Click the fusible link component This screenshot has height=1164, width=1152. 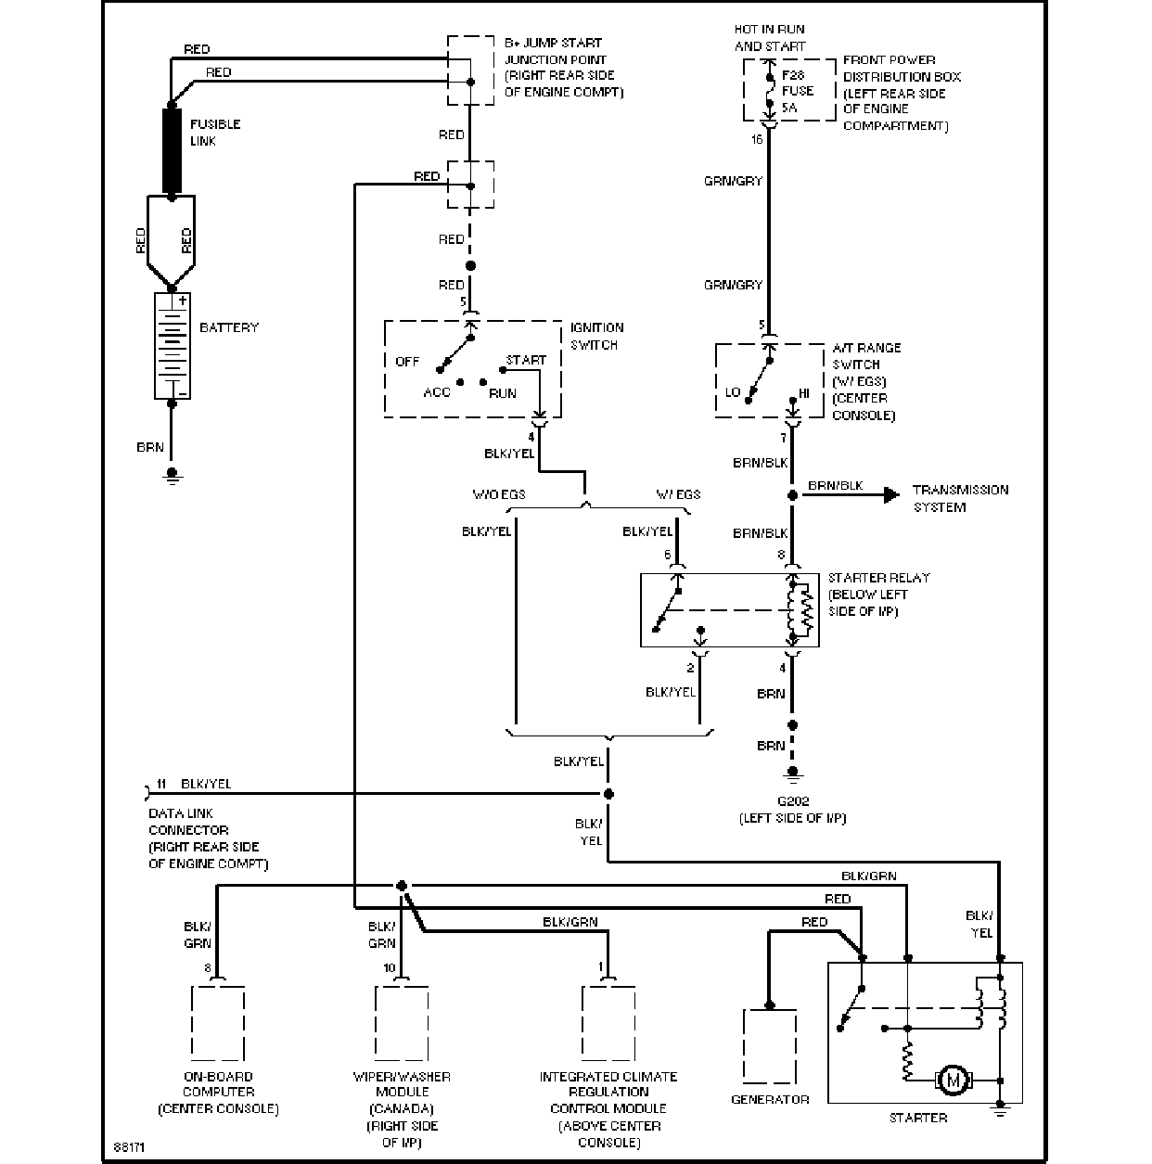172,151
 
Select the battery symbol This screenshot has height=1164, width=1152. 173,346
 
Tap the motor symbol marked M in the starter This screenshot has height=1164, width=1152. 954,1080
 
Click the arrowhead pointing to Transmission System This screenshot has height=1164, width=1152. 891,494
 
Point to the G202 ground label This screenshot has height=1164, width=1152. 792,801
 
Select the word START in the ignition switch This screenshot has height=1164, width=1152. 526,360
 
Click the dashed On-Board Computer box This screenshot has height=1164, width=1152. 218,1023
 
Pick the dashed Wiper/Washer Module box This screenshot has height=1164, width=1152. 402,1023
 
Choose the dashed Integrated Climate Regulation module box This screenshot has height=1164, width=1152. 608,1023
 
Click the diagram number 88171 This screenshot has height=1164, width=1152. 129,1147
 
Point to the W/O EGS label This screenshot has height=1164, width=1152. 499,494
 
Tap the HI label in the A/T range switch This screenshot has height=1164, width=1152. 803,393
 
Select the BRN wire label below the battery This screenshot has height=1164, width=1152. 150,448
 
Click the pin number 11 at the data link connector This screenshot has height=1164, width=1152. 161,784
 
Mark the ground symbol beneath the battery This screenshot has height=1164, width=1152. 173,477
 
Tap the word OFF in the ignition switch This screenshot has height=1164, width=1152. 407,362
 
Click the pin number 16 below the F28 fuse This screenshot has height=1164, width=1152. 757,139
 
